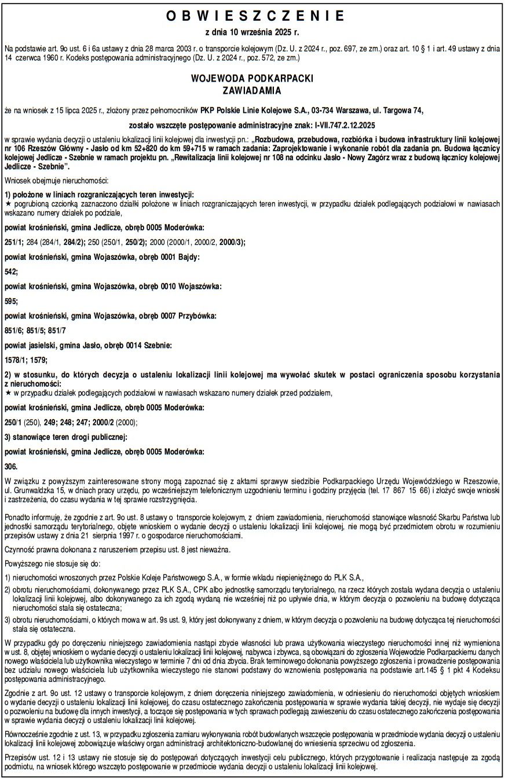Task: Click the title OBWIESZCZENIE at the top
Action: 251,15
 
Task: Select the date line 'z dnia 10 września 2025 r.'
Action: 251,32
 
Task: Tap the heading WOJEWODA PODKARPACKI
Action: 252,79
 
